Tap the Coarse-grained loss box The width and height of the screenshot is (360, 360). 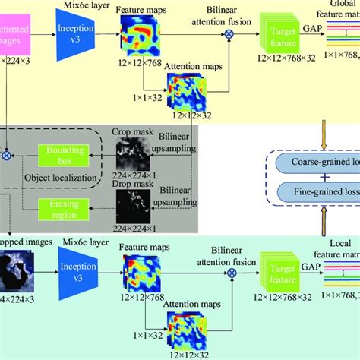(320, 162)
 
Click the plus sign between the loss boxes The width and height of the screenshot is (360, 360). (318, 178)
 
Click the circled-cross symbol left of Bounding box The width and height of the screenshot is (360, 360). (7, 153)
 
